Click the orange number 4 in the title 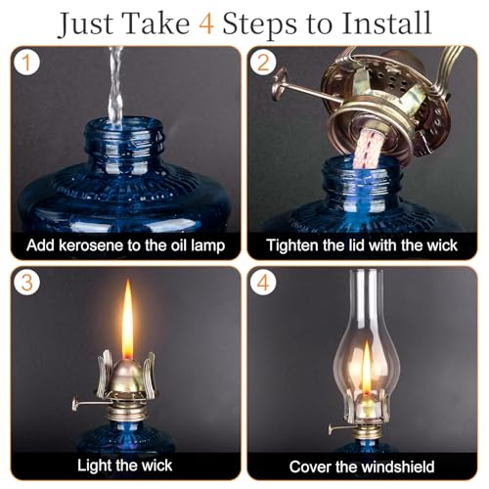[x=206, y=23]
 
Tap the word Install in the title [x=386, y=22]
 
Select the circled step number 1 [x=26, y=63]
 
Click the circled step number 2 [x=263, y=63]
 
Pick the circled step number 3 [x=26, y=283]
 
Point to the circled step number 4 [x=263, y=283]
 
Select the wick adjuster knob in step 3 [x=75, y=404]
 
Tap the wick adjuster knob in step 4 [x=331, y=429]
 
